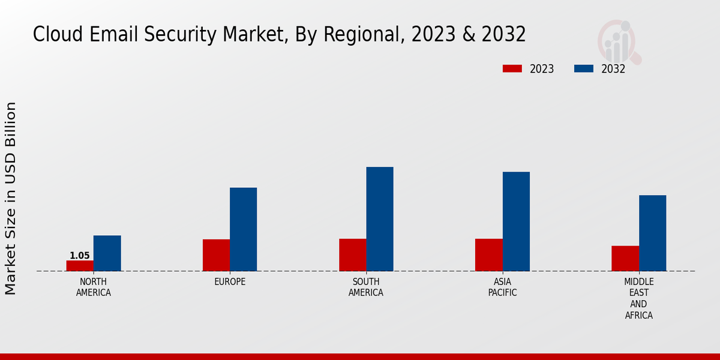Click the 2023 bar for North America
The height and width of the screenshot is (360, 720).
tap(80, 266)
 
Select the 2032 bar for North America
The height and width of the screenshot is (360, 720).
tap(107, 253)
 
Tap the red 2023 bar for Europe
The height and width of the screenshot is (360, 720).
tap(216, 255)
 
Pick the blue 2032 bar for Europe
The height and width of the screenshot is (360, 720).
tap(243, 229)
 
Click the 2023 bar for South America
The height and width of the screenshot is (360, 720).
tap(352, 255)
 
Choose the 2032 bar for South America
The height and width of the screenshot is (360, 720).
tap(380, 219)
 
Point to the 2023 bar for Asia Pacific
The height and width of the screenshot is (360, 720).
tap(488, 255)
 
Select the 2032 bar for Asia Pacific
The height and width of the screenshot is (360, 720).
tap(516, 221)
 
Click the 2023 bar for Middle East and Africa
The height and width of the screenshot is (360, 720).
tap(625, 259)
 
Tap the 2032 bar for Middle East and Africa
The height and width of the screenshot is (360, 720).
tap(652, 233)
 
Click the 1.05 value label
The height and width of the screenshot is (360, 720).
tap(80, 256)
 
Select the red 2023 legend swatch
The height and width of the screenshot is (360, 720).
tap(512, 69)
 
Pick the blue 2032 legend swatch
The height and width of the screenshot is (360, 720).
tap(584, 69)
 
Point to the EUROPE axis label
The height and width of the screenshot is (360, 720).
tap(230, 282)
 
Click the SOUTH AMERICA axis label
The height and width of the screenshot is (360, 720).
tap(366, 287)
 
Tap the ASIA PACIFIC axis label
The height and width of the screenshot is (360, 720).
tap(502, 287)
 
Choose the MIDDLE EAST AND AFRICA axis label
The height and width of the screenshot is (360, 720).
tap(638, 299)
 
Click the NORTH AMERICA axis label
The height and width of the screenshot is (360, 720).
tap(94, 287)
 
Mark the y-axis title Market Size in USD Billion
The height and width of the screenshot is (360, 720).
tap(11, 198)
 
